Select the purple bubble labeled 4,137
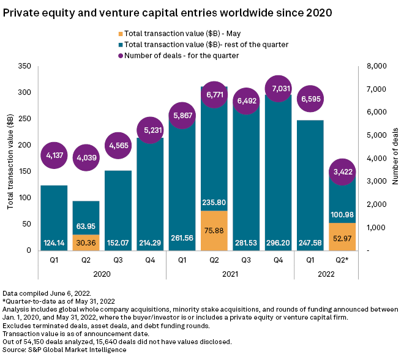click(x=54, y=156)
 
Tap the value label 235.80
click(x=214, y=202)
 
